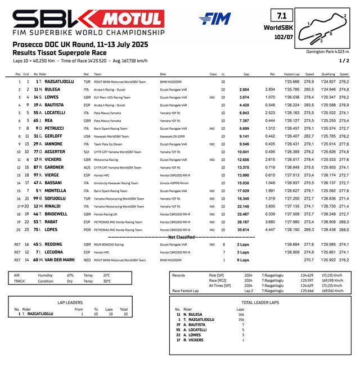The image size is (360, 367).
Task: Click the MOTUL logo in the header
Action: click(x=134, y=19)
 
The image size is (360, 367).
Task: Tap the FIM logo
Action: click(x=214, y=19)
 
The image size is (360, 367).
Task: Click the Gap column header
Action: click(x=246, y=74)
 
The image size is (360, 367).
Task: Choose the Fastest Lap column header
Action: click(x=291, y=74)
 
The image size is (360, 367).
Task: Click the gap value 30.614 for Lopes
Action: click(x=243, y=230)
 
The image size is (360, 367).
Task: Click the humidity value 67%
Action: click(x=70, y=275)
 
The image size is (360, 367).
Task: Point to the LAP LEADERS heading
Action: click(x=70, y=302)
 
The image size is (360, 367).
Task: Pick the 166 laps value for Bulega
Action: click(x=241, y=314)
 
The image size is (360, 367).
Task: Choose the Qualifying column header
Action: click(x=328, y=74)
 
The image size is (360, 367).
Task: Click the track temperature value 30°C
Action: click(x=107, y=281)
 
